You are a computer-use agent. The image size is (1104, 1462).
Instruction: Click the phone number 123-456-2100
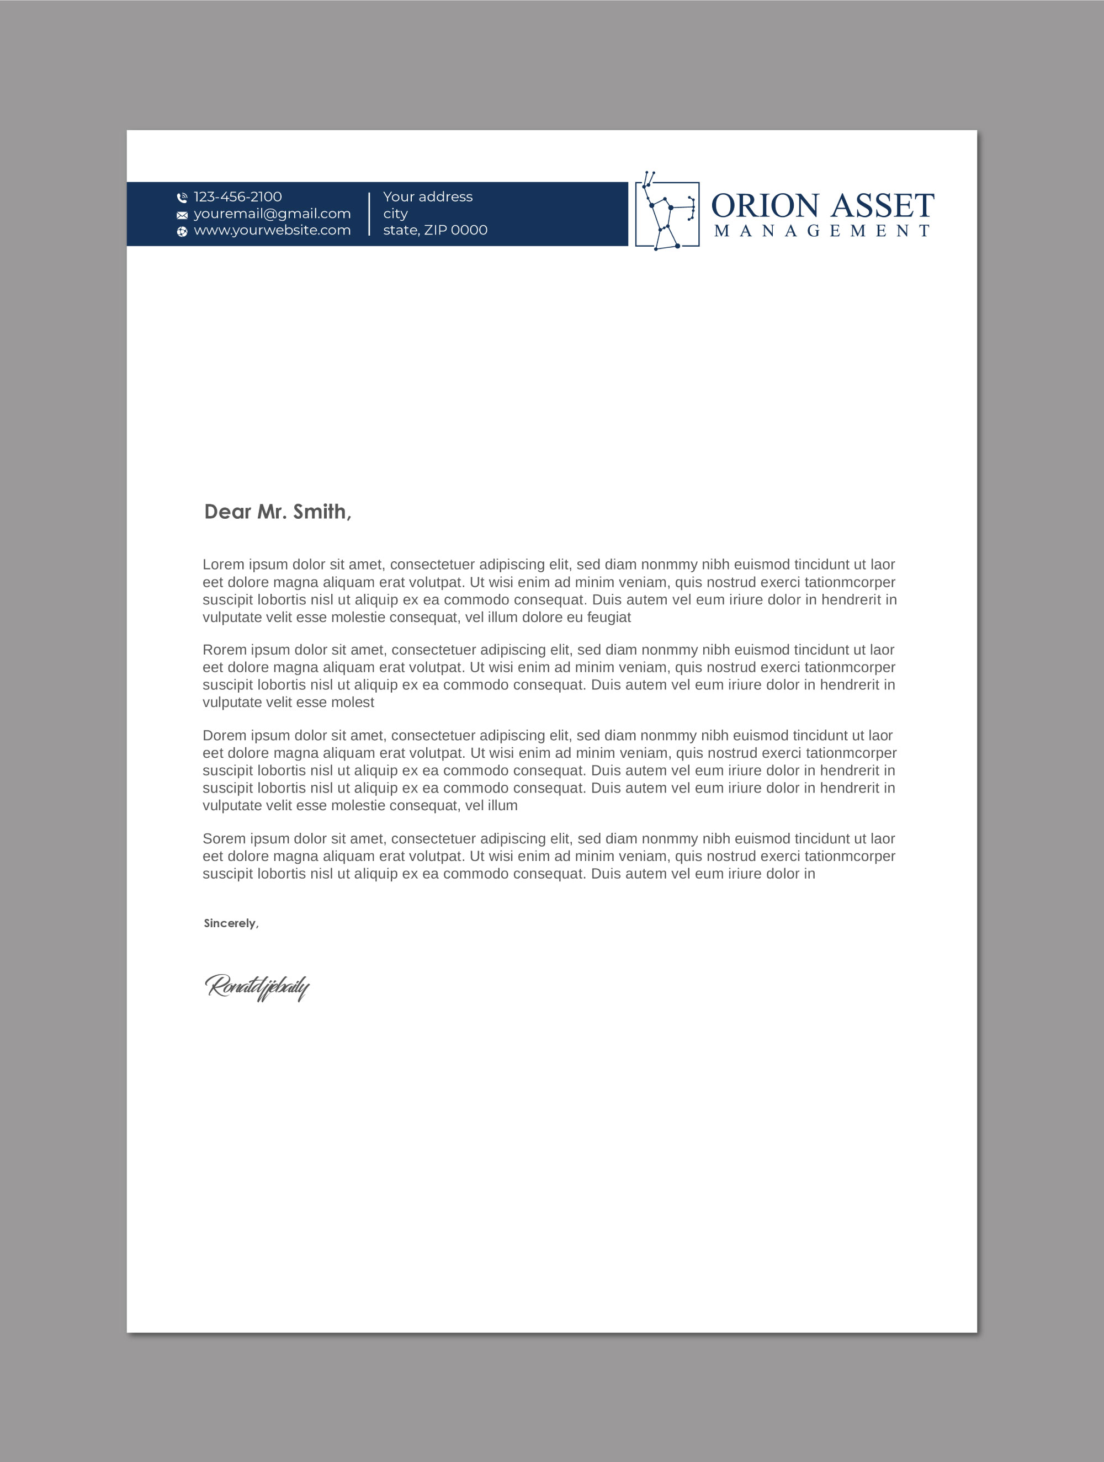(237, 197)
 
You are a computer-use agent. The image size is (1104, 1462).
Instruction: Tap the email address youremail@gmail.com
(272, 214)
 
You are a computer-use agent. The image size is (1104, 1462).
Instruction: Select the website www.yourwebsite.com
(272, 230)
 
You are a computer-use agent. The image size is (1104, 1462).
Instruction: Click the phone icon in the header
(182, 198)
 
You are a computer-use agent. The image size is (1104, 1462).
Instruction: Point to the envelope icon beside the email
(182, 215)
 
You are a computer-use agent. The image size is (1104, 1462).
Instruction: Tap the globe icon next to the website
(182, 231)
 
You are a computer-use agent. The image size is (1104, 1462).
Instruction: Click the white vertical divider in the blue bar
(369, 214)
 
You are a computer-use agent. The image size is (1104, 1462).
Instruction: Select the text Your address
(428, 197)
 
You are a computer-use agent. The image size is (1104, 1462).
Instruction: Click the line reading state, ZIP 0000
(435, 230)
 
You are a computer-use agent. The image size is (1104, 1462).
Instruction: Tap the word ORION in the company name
(765, 206)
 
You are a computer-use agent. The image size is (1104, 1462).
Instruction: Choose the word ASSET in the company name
(883, 206)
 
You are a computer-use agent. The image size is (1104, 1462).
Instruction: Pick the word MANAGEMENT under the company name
(822, 231)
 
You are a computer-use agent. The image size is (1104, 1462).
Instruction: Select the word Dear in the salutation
(227, 511)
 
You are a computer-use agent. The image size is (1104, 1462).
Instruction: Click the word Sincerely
(230, 923)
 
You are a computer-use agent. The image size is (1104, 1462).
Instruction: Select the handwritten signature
(257, 987)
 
